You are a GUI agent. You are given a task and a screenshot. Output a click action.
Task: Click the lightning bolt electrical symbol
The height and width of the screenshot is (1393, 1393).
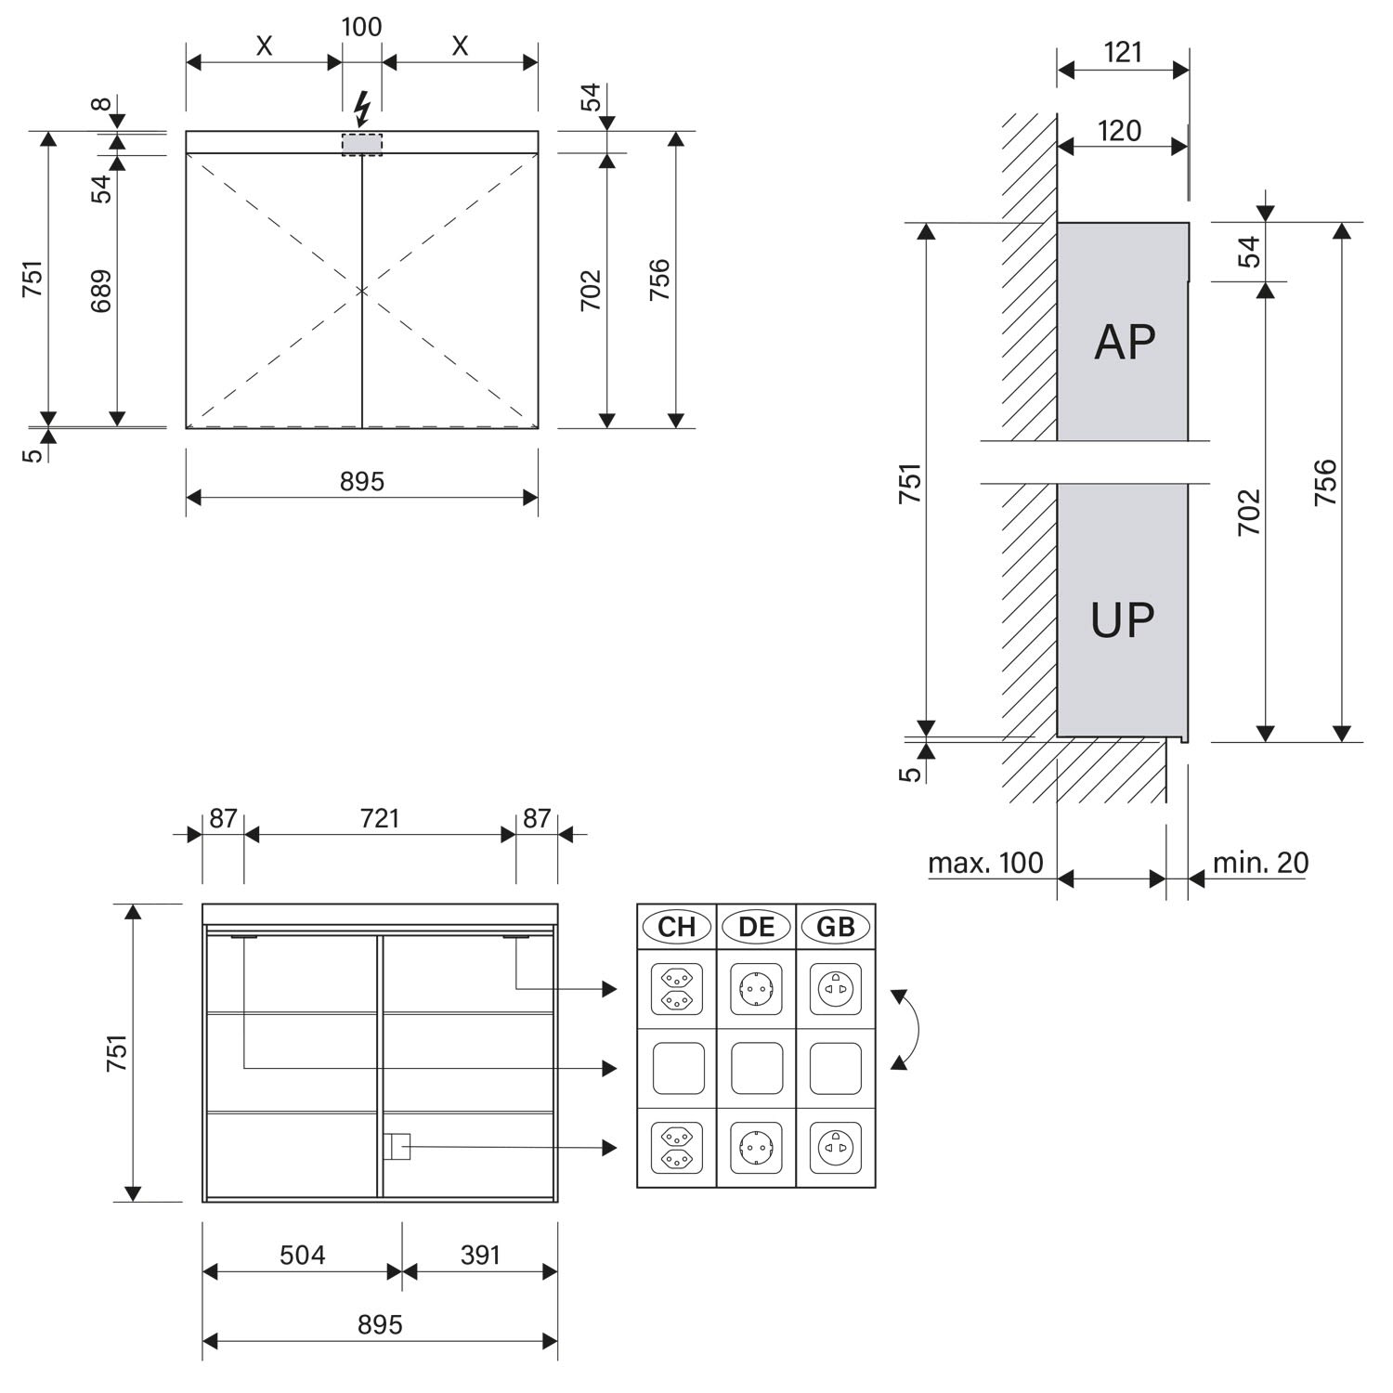pyautogui.click(x=362, y=109)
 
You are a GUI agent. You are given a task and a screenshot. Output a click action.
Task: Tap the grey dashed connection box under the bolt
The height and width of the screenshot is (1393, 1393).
pyautogui.click(x=361, y=144)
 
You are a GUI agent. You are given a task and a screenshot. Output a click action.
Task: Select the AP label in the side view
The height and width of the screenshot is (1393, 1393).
pyautogui.click(x=1124, y=342)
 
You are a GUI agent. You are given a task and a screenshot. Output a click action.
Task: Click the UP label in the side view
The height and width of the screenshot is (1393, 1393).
pyautogui.click(x=1123, y=619)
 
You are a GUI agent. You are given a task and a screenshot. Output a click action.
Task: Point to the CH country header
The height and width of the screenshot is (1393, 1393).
pyautogui.click(x=676, y=926)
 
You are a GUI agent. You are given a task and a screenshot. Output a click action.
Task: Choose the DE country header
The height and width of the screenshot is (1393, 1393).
pyautogui.click(x=756, y=926)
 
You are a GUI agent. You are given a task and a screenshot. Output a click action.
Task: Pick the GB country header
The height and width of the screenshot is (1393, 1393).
pyautogui.click(x=836, y=926)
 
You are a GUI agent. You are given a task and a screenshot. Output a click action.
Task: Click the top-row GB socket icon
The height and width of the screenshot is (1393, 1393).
pyautogui.click(x=836, y=989)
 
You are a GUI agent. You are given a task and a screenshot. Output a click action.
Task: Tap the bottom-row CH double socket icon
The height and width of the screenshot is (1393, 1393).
pyautogui.click(x=676, y=1148)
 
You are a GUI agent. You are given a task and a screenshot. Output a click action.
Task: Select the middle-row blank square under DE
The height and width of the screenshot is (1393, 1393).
pyautogui.click(x=756, y=1068)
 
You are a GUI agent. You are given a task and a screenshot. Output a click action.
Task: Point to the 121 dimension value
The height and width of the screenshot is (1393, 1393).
pyautogui.click(x=1123, y=51)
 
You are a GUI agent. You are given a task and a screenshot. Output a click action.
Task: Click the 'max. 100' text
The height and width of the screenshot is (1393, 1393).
pyautogui.click(x=985, y=863)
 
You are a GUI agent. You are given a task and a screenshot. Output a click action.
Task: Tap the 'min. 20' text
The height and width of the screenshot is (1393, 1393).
pyautogui.click(x=1260, y=863)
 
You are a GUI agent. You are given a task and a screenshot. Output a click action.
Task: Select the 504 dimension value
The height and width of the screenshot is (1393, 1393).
pyautogui.click(x=303, y=1255)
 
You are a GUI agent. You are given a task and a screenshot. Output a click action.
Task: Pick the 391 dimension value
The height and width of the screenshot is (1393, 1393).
pyautogui.click(x=480, y=1255)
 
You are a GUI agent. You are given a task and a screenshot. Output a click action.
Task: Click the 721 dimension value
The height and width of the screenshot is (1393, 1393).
pyautogui.click(x=380, y=818)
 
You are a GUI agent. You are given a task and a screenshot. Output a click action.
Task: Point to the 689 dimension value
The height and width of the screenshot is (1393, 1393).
pyautogui.click(x=101, y=290)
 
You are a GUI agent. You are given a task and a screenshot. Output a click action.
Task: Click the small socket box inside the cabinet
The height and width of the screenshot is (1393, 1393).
pyautogui.click(x=397, y=1146)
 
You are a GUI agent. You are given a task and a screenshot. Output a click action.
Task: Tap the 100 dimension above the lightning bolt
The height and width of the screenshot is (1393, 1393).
pyautogui.click(x=361, y=27)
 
